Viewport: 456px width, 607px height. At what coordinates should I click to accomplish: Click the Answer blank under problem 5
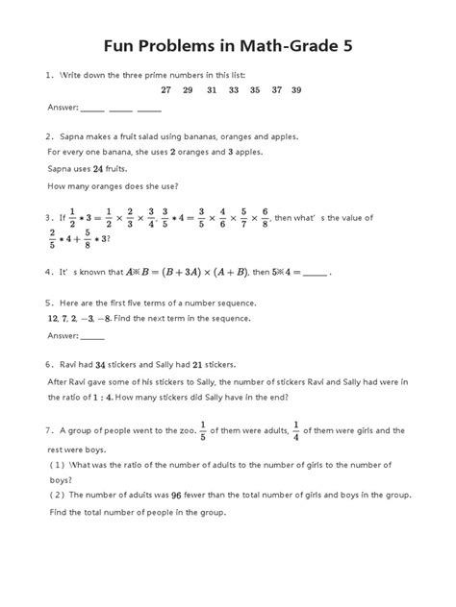point(92,336)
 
